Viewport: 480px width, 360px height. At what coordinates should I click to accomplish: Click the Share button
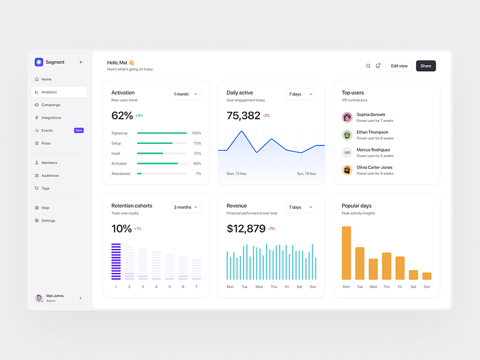[426, 66]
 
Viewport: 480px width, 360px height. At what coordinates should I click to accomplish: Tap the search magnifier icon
[368, 66]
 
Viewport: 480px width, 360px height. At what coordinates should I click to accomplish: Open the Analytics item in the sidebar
[49, 92]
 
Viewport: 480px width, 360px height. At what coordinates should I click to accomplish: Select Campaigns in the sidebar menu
[51, 105]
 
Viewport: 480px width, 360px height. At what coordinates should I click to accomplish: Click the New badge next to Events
[79, 130]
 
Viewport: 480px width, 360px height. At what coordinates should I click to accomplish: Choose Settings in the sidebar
[48, 220]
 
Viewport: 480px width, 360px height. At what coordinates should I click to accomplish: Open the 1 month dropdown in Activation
[186, 94]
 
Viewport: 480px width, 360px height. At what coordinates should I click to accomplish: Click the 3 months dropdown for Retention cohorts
[186, 207]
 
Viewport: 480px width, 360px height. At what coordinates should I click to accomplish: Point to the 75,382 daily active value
[243, 115]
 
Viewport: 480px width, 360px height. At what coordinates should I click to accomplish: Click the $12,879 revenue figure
[245, 228]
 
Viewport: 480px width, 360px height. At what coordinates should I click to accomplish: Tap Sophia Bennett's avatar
[347, 117]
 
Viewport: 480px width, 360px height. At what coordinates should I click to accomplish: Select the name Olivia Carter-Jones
[374, 167]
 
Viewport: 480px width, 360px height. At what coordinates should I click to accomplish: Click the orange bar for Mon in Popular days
[346, 253]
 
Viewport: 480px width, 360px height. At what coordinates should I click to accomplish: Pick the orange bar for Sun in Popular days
[427, 276]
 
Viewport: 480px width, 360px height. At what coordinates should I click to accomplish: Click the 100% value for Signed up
[196, 133]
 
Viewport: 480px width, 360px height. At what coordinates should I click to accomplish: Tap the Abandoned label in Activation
[121, 173]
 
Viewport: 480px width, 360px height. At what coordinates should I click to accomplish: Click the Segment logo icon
[39, 62]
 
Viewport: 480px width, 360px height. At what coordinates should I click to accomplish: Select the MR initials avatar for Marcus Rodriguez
[347, 152]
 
